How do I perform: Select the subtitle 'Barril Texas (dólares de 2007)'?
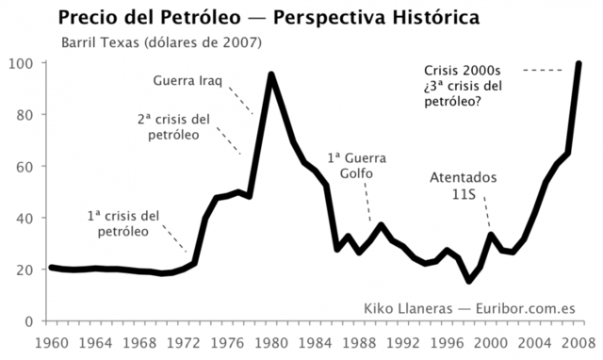click(x=161, y=42)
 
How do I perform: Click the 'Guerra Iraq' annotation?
click(x=187, y=81)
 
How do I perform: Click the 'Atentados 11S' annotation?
click(x=463, y=186)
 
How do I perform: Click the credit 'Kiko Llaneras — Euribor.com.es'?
click(x=468, y=308)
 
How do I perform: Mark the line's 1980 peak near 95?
click(x=271, y=74)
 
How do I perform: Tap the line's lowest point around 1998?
click(x=469, y=281)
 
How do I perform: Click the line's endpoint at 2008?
click(x=579, y=63)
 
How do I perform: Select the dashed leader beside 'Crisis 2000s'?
click(x=542, y=71)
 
